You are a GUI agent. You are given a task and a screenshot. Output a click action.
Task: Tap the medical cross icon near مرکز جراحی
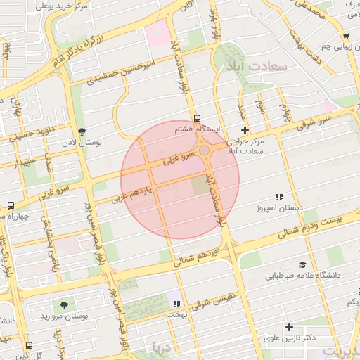click(245, 130)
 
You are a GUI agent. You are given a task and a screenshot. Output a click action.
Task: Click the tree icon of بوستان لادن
click(82, 131)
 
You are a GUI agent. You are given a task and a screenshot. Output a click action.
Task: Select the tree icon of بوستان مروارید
click(65, 306)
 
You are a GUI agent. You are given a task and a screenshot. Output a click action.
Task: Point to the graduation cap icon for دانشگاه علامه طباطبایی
click(302, 265)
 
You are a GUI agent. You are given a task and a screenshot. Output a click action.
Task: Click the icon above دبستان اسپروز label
click(279, 198)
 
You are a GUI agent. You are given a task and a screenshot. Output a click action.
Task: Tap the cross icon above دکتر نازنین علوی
click(289, 327)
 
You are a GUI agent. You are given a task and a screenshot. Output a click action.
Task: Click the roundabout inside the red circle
click(203, 150)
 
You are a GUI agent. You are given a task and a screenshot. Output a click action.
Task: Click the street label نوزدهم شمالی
click(204, 256)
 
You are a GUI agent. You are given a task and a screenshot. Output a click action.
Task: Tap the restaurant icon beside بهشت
click(176, 304)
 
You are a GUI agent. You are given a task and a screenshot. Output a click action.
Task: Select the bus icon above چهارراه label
click(10, 205)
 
